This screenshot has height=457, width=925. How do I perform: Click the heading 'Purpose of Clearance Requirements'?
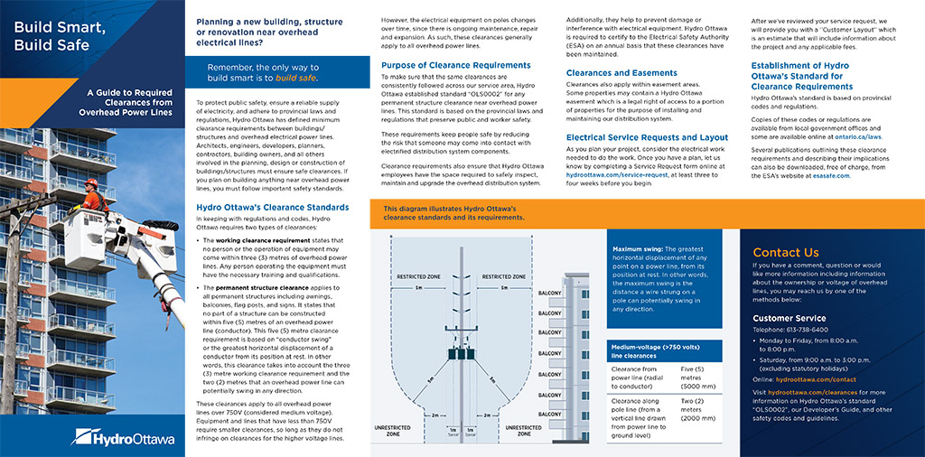tap(455, 65)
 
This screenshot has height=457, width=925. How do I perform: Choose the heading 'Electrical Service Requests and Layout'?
tap(646, 137)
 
